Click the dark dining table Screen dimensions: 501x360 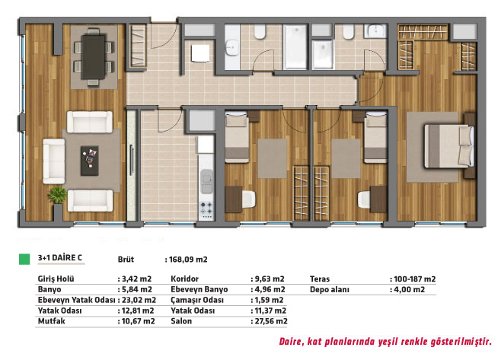click(93, 56)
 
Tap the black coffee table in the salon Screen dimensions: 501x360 click(90, 161)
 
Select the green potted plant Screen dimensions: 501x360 click(58, 195)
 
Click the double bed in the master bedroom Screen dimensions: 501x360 click(449, 146)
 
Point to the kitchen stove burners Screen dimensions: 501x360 click(206, 209)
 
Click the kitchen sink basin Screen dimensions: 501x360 click(207, 181)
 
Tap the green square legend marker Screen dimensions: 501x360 click(24, 259)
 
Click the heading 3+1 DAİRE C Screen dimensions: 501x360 click(59, 258)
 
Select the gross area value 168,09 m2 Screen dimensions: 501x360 click(188, 260)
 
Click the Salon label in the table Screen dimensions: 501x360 click(181, 321)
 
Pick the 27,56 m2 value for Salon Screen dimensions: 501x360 click(271, 321)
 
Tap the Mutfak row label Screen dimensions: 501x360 click(51, 321)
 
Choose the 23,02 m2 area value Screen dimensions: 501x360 click(139, 300)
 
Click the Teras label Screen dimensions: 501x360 click(320, 279)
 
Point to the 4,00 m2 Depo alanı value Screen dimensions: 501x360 click(410, 289)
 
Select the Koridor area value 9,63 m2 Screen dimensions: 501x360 click(270, 279)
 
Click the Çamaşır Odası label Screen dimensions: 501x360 click(197, 300)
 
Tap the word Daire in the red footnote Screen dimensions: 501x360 click(290, 342)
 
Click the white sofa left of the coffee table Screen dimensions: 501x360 click(54, 161)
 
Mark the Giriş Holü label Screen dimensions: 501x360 click(56, 279)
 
